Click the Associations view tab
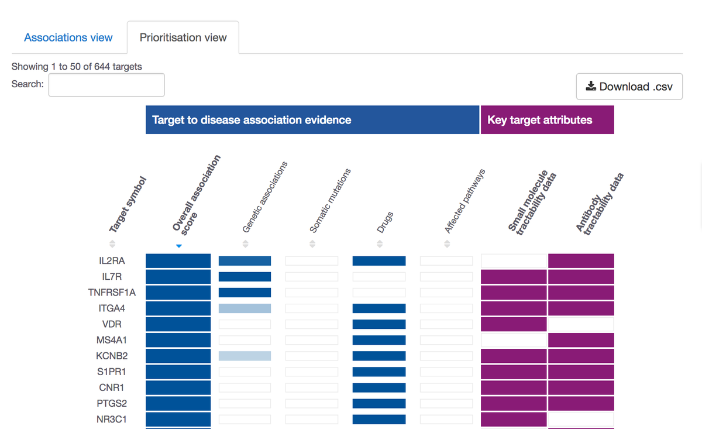[x=68, y=37]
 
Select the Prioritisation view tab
[x=183, y=37]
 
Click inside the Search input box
[x=106, y=85]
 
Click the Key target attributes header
[x=547, y=120]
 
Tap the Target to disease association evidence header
[x=312, y=120]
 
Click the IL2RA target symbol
[x=111, y=261]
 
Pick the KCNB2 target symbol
[x=112, y=356]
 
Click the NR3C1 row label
[x=112, y=419]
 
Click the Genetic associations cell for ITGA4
[x=245, y=308]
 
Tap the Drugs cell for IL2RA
[x=378, y=261]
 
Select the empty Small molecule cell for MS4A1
[x=514, y=340]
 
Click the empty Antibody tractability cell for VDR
[x=581, y=324]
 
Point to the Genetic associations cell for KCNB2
[x=245, y=356]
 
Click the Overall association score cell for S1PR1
[x=178, y=372]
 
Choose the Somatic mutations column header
[x=330, y=202]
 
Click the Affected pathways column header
[x=465, y=202]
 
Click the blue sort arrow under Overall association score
[x=179, y=246]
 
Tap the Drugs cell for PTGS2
[x=378, y=403]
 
